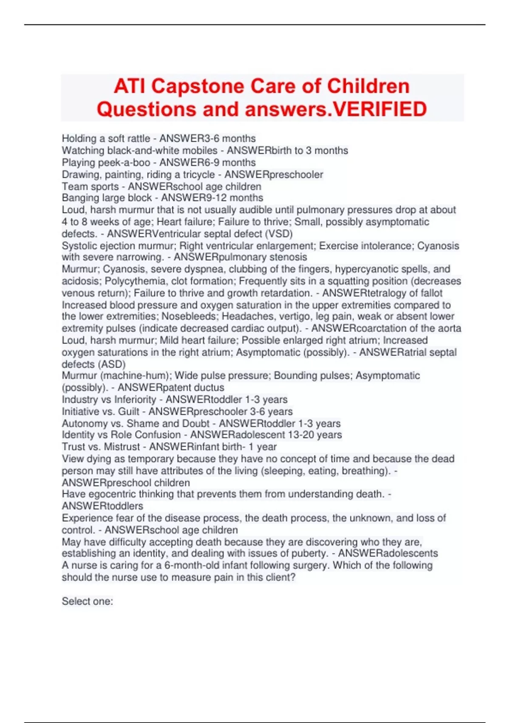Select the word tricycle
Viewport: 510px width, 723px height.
199,174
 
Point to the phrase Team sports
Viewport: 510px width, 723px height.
90,186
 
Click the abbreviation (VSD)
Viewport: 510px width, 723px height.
279,233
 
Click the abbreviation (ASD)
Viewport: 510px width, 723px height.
111,364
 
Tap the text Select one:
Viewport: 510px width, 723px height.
87,601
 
